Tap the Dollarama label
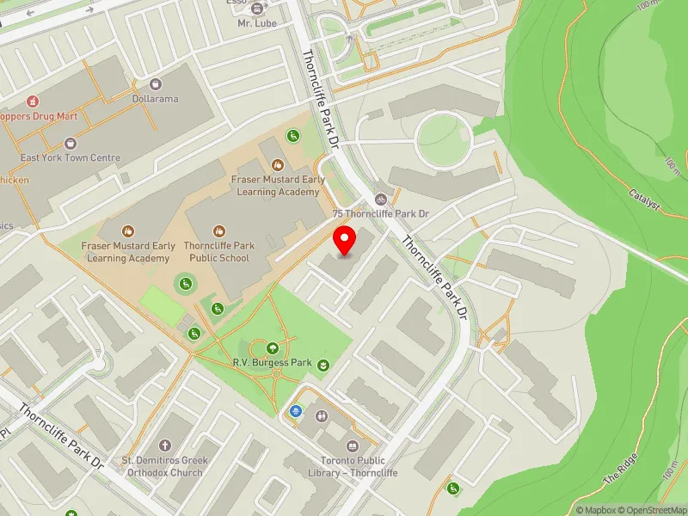click(156, 99)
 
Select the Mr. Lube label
click(258, 23)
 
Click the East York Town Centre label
click(71, 157)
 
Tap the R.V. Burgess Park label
click(272, 363)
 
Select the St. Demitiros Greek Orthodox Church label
click(163, 466)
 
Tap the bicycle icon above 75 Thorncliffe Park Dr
click(381, 199)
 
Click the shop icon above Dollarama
click(156, 84)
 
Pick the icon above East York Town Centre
click(71, 143)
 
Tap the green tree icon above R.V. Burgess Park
click(273, 348)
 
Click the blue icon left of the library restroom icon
click(297, 412)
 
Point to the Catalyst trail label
click(644, 200)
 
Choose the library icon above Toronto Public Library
click(353, 446)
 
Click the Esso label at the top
click(260, 3)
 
